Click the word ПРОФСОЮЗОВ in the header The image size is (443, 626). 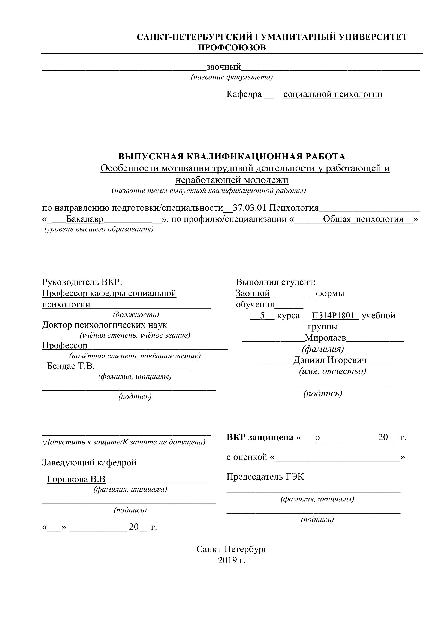point(232,48)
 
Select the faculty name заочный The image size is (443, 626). point(224,67)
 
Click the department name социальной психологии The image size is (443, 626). point(333,94)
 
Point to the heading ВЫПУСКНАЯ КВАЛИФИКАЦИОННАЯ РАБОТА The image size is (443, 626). point(232,156)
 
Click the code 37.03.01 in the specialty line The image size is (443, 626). point(249,208)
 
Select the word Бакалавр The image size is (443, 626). point(85,219)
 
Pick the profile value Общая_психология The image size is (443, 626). point(363,219)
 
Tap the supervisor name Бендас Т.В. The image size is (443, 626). point(71,366)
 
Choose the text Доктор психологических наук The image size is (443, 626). point(105,325)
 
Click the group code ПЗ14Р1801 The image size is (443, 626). point(333,316)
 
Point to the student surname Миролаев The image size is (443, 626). point(325,338)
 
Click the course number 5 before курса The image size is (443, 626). point(262,316)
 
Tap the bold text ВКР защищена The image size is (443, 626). point(260,437)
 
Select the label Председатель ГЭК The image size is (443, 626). point(265,477)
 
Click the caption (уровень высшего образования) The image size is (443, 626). point(99,229)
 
